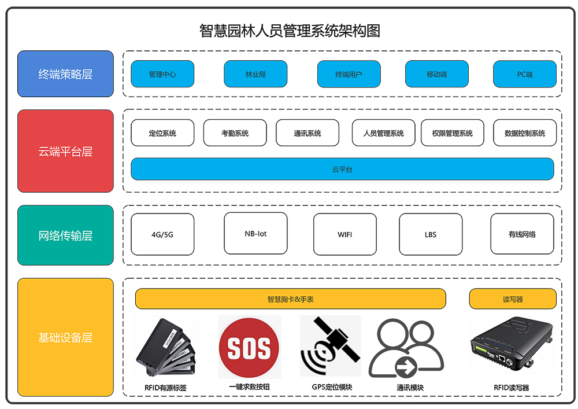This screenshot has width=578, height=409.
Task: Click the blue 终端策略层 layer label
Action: point(65,74)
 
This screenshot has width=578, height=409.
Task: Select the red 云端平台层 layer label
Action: point(65,151)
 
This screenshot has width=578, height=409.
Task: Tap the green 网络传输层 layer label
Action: point(65,235)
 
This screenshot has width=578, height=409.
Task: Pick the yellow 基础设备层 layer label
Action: point(65,337)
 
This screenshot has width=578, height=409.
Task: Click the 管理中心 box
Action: point(162,74)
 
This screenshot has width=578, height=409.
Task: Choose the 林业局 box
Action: point(255,74)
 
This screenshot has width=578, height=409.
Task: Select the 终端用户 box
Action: point(349,74)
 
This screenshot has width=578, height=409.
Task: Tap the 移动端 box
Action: point(436,74)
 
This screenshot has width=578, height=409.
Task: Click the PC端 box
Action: point(525,74)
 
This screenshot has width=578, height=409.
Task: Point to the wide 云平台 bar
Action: point(342,169)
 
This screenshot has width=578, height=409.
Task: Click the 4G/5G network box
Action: point(162,234)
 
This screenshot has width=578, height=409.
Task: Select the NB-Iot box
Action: point(255,233)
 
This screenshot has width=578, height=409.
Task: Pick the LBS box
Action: point(431,234)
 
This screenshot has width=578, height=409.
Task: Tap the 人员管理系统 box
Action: point(384,133)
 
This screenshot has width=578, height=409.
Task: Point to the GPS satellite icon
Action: point(330,347)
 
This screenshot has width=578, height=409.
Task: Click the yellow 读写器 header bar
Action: point(513,299)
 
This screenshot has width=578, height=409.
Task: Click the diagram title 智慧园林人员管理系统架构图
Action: point(290,31)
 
